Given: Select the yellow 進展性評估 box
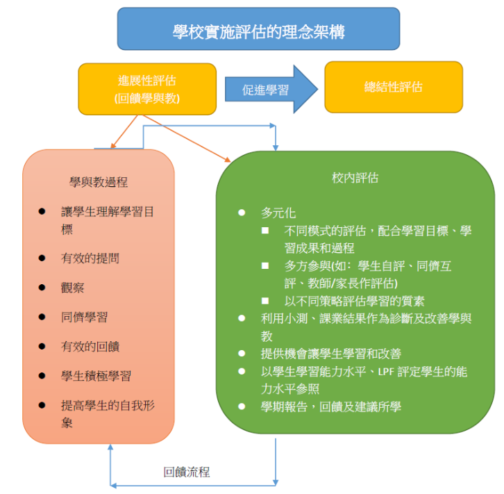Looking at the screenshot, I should (x=147, y=88).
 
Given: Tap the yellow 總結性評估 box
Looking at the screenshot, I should (x=393, y=87).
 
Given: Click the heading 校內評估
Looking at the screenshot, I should (x=355, y=178).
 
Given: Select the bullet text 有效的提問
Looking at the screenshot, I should (x=90, y=258).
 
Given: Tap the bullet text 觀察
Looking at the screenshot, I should (x=73, y=288).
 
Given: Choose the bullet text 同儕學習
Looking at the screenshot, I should (x=85, y=317).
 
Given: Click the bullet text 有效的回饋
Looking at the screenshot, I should (x=90, y=346).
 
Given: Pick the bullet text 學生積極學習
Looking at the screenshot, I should (x=96, y=376).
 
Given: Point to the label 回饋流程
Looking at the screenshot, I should (x=187, y=472).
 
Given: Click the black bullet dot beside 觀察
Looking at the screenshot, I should (x=42, y=288).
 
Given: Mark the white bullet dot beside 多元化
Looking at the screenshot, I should (x=242, y=212).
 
